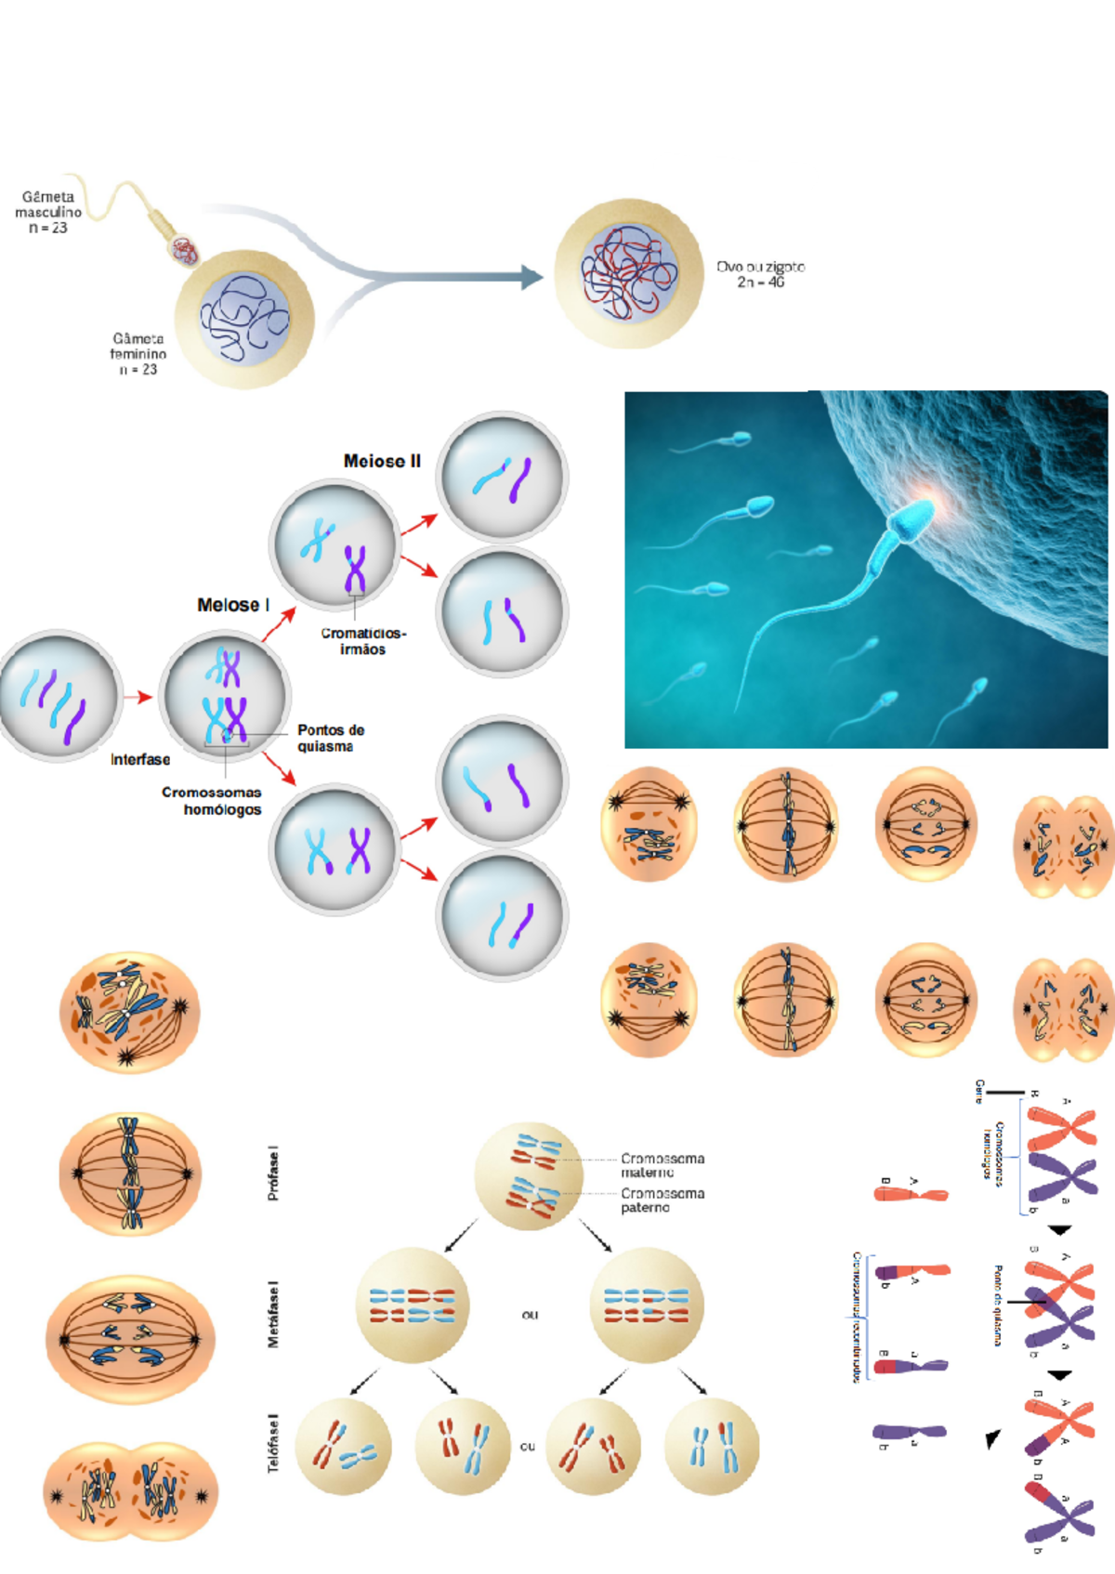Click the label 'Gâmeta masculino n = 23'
(48, 212)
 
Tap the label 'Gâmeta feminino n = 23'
(138, 354)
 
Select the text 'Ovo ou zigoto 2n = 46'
(760, 274)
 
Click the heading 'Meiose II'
(382, 461)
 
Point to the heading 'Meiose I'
(233, 605)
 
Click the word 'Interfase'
(140, 759)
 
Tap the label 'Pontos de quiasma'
(330, 738)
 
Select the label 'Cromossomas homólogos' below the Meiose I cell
(212, 801)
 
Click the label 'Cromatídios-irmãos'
(362, 641)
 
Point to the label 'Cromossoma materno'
(662, 1165)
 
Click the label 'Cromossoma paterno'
(662, 1200)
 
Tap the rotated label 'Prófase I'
(273, 1174)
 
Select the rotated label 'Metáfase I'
(273, 1314)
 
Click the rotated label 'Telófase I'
(273, 1443)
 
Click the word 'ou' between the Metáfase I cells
(530, 1315)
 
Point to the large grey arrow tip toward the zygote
(531, 277)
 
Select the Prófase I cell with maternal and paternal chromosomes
(529, 1175)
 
